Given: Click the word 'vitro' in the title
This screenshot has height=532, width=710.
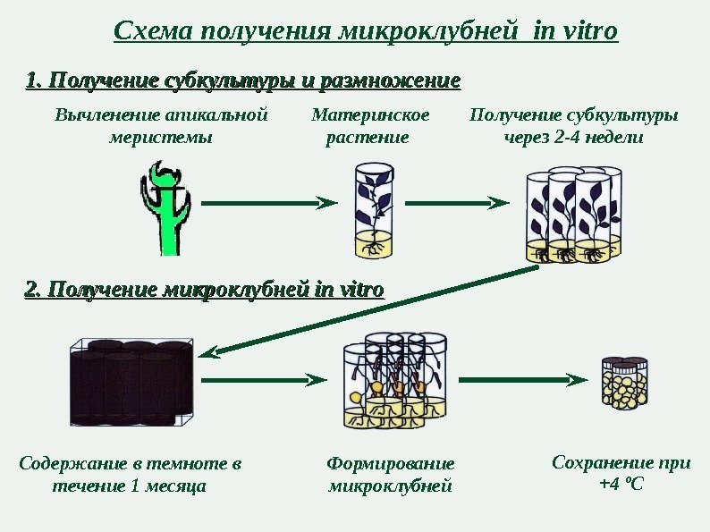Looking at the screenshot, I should pos(587,32).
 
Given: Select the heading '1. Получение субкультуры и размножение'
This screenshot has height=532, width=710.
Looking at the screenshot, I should pos(243,83).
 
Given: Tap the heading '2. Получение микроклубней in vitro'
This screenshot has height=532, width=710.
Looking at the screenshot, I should pos(205,291).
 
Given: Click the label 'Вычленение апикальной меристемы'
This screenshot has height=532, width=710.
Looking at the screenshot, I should pos(161,126).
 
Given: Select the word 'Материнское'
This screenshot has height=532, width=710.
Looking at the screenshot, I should pos(370,115).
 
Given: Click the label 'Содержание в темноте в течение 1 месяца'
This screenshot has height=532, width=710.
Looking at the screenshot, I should pos(131,475).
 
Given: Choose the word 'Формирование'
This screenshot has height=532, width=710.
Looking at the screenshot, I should pos(391,464).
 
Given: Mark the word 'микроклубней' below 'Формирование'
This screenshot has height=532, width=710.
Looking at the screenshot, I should pos(391,486).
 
